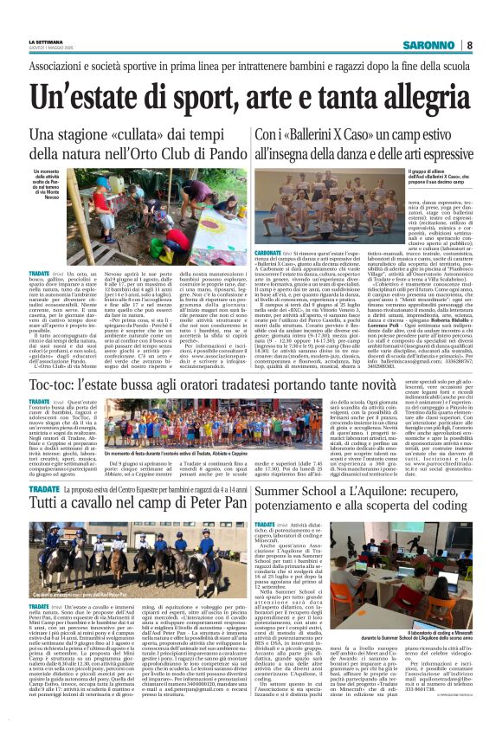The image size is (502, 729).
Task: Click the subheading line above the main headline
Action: point(250,67)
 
